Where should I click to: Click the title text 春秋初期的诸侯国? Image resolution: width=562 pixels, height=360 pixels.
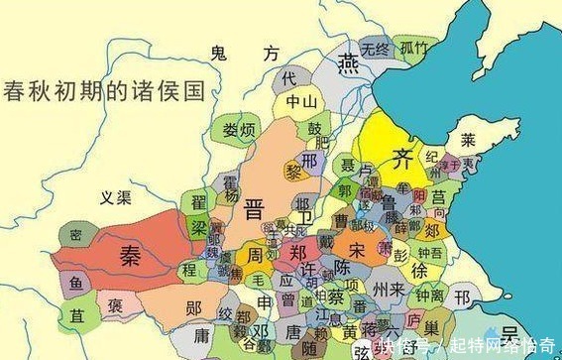103,92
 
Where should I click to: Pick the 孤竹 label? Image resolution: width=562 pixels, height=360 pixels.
414,47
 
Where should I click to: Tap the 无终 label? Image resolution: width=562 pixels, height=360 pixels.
375,48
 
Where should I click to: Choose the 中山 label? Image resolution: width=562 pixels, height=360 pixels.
300,101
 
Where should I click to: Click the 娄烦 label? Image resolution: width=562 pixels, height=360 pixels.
237,130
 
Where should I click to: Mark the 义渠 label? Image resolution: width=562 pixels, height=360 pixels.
115,197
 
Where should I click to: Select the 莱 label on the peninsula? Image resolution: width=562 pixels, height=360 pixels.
468,139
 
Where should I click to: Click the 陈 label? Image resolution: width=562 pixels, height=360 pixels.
343,268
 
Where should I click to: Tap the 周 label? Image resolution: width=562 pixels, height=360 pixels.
255,255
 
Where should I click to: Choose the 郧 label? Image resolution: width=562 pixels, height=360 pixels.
193,306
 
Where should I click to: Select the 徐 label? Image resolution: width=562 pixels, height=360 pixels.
420,270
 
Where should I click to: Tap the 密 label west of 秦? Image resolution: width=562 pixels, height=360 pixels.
74,235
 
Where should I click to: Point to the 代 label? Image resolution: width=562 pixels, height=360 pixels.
289,76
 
